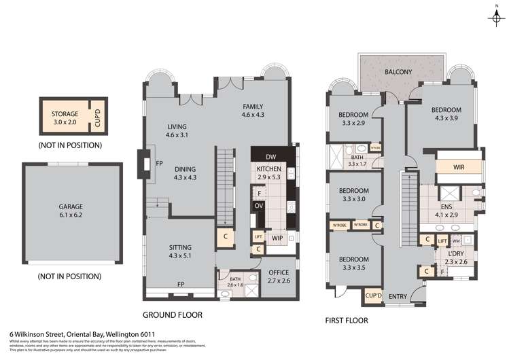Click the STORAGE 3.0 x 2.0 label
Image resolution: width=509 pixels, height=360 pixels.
click(65, 118)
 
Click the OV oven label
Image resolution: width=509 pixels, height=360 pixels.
click(258, 205)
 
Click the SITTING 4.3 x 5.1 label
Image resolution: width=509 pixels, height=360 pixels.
click(180, 252)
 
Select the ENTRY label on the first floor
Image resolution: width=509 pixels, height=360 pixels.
click(398, 295)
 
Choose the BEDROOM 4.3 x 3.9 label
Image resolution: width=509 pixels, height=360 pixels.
click(446, 114)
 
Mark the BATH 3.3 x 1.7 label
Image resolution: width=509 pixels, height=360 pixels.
click(355, 160)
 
